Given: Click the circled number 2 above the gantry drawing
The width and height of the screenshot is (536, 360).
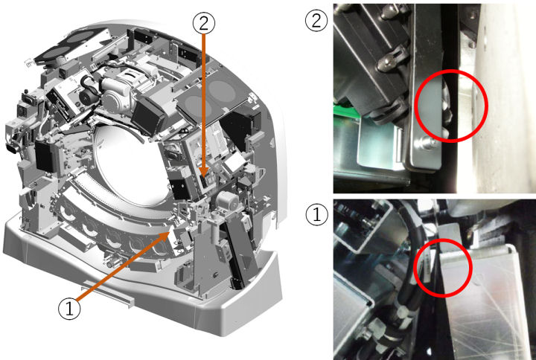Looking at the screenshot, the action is [204, 23].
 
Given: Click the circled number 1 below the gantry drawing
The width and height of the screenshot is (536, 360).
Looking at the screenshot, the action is [70, 309].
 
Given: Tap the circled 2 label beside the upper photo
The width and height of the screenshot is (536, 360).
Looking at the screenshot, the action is [316, 21].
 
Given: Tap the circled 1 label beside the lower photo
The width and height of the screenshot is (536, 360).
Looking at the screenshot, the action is [316, 214].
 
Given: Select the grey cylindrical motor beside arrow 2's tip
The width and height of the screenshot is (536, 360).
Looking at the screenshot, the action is [226, 202].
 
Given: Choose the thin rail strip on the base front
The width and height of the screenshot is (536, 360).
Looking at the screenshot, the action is [107, 293].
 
